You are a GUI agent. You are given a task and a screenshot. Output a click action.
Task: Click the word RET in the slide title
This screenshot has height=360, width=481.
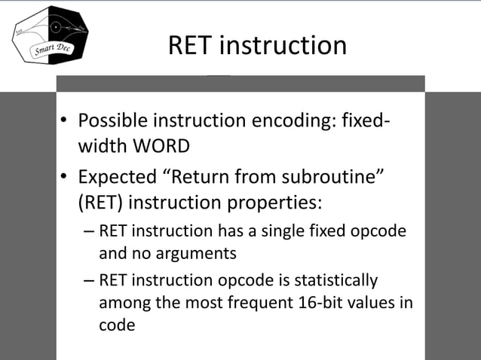(191, 45)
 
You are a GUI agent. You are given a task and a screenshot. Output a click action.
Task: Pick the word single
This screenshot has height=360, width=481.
(286, 230)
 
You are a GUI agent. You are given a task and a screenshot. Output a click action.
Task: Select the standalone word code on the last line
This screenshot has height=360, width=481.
(116, 325)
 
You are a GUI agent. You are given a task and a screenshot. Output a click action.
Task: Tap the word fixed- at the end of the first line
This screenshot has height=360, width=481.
(372, 121)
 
